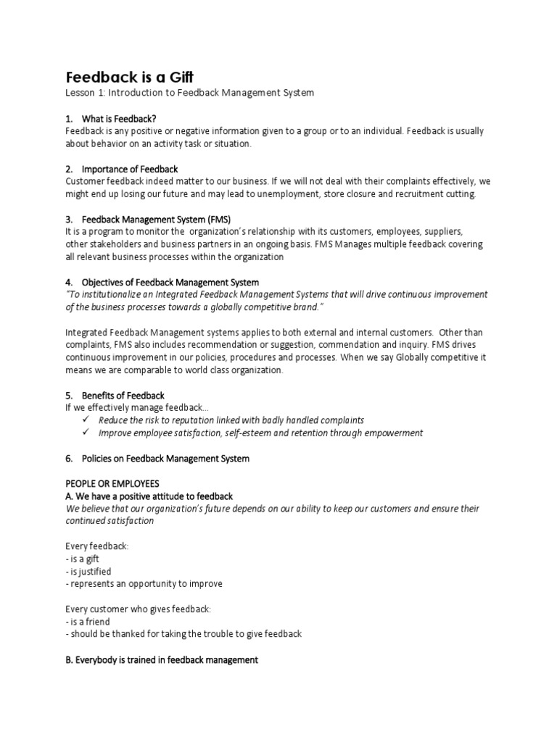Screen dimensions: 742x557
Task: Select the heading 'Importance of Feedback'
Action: pyautogui.click(x=130, y=169)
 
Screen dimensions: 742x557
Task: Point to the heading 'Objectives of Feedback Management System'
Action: pyautogui.click(x=170, y=282)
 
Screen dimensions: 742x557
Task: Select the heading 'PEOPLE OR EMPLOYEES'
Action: pyautogui.click(x=112, y=483)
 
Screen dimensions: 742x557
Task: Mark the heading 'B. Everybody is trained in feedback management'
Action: pyautogui.click(x=162, y=660)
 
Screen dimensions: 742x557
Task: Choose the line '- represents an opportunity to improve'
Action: pyautogui.click(x=144, y=583)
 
